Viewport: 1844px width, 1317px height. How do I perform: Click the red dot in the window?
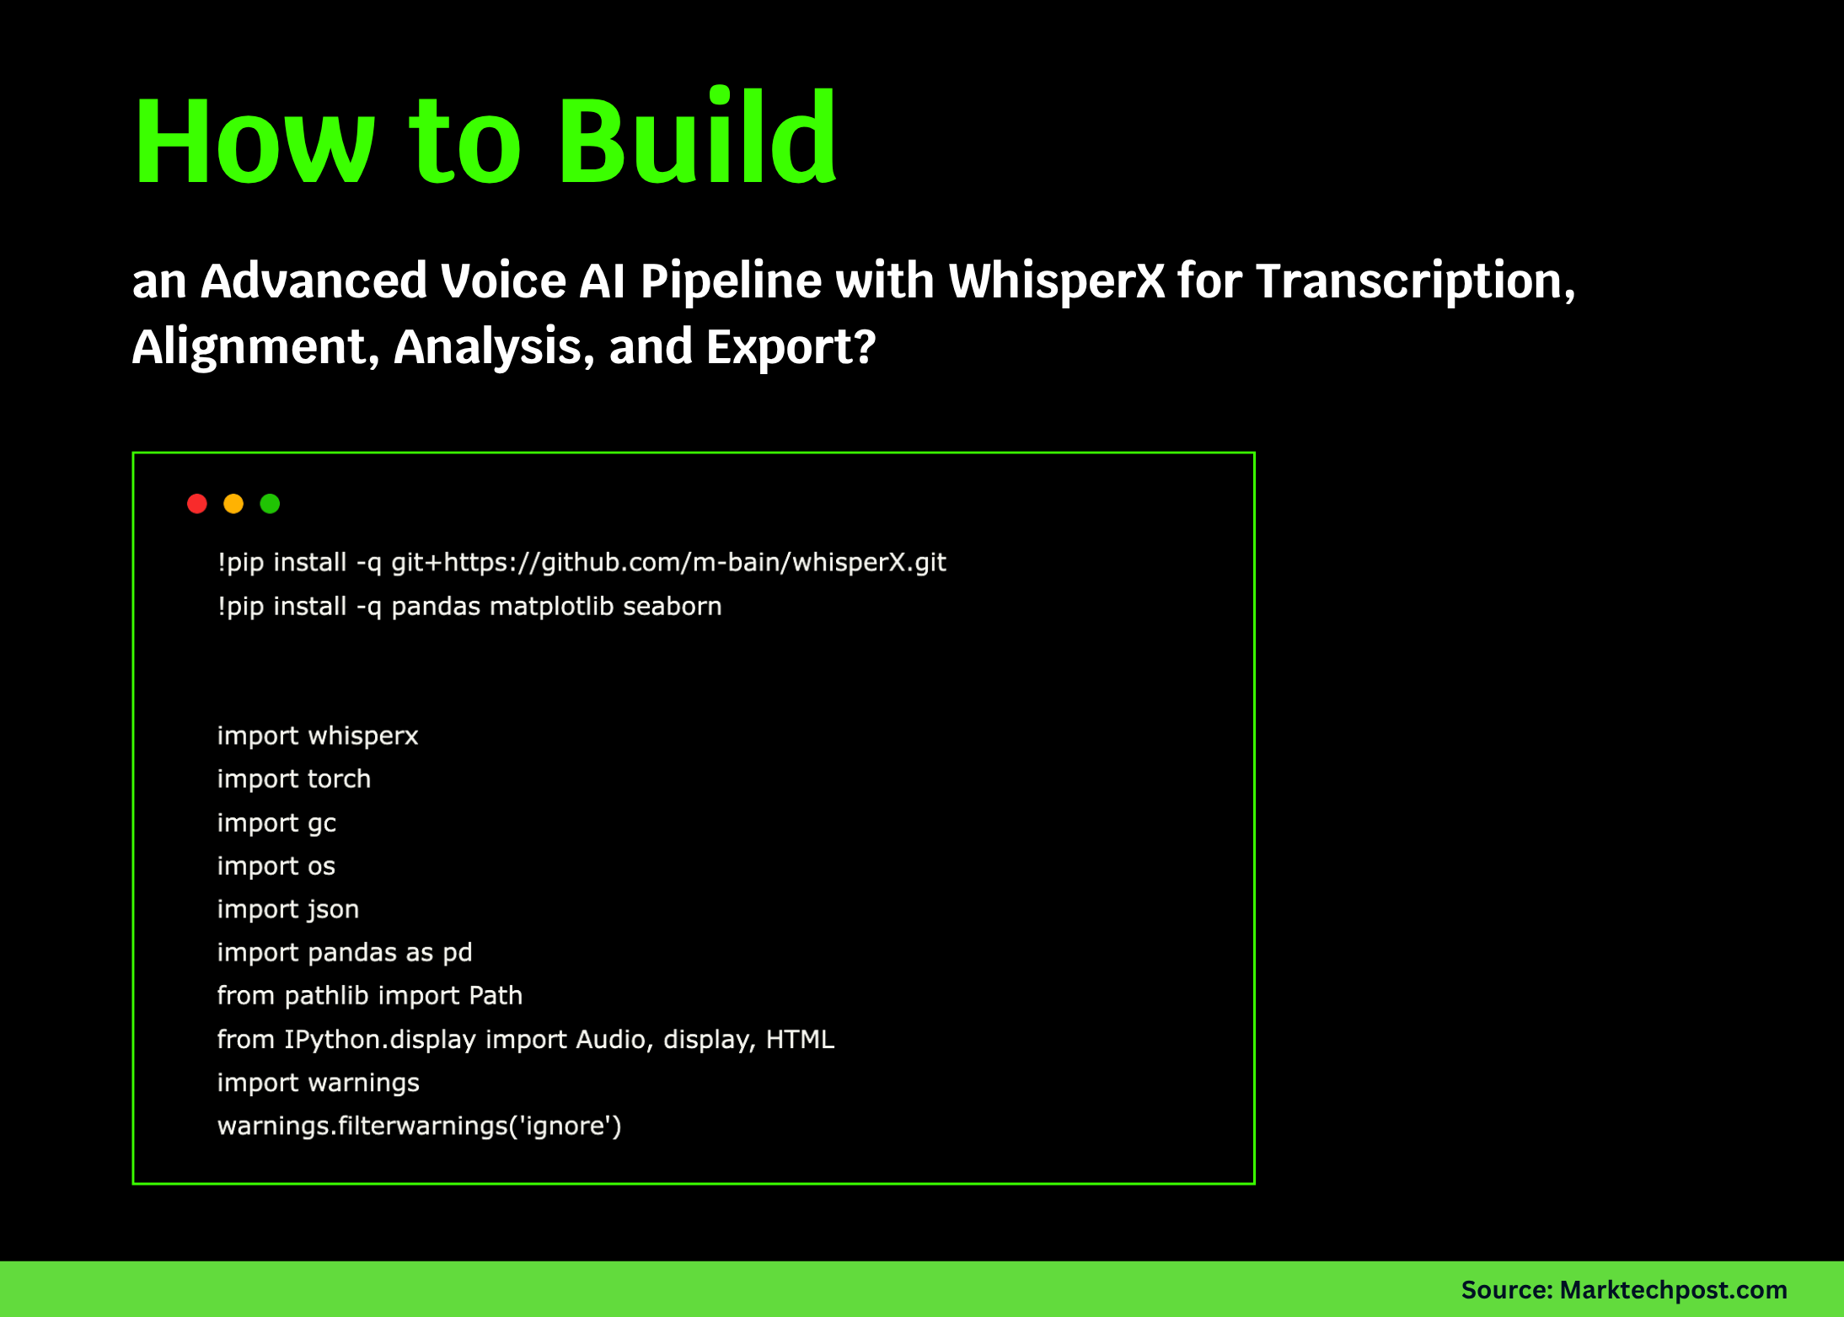[x=197, y=504]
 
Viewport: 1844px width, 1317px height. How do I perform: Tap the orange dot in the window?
[x=233, y=504]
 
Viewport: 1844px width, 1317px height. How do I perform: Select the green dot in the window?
[x=270, y=504]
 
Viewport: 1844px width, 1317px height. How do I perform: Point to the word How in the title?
[x=254, y=142]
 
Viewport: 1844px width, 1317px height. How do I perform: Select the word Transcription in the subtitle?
[x=1415, y=281]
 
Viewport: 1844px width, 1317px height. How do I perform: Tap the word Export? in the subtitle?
[x=791, y=346]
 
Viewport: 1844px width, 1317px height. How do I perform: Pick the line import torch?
[x=293, y=779]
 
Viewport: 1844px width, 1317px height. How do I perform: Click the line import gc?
[x=276, y=822]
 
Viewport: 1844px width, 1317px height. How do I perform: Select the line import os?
[x=276, y=865]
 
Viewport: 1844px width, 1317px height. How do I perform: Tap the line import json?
[x=287, y=909]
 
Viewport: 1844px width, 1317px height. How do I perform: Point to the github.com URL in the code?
[x=668, y=562]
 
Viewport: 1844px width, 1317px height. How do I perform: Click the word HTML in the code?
[x=800, y=1039]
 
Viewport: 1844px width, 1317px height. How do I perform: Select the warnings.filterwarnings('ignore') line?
[x=419, y=1126]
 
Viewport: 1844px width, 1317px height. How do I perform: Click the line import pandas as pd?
[x=344, y=952]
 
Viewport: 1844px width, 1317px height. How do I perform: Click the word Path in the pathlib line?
[x=496, y=996]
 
